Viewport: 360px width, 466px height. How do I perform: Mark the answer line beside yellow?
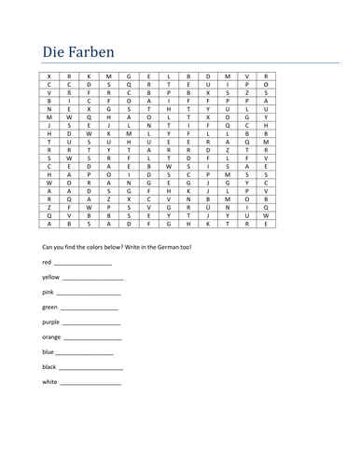click(93, 280)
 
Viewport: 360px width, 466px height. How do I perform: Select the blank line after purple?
click(94, 323)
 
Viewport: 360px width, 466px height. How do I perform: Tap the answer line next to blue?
click(86, 353)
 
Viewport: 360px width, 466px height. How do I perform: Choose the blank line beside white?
click(91, 383)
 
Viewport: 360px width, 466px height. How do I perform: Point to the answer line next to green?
click(90, 308)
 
